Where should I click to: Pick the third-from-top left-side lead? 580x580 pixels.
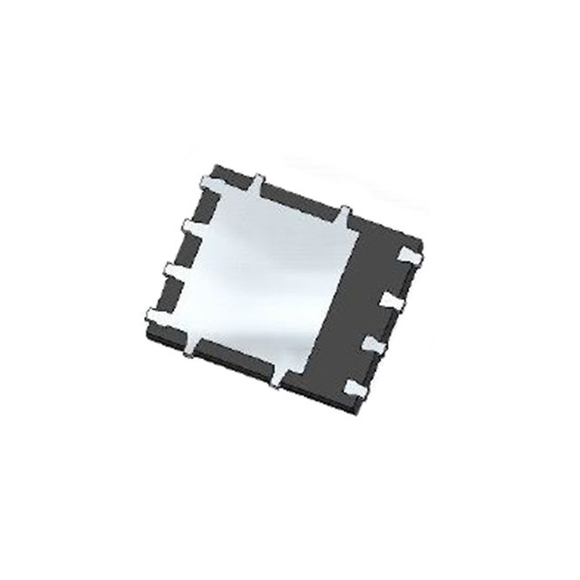175,270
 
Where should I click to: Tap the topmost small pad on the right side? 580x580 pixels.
408,259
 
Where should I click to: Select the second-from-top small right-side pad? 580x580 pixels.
392,300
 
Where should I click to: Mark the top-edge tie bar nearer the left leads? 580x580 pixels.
257,183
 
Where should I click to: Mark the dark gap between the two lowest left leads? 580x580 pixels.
168,293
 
